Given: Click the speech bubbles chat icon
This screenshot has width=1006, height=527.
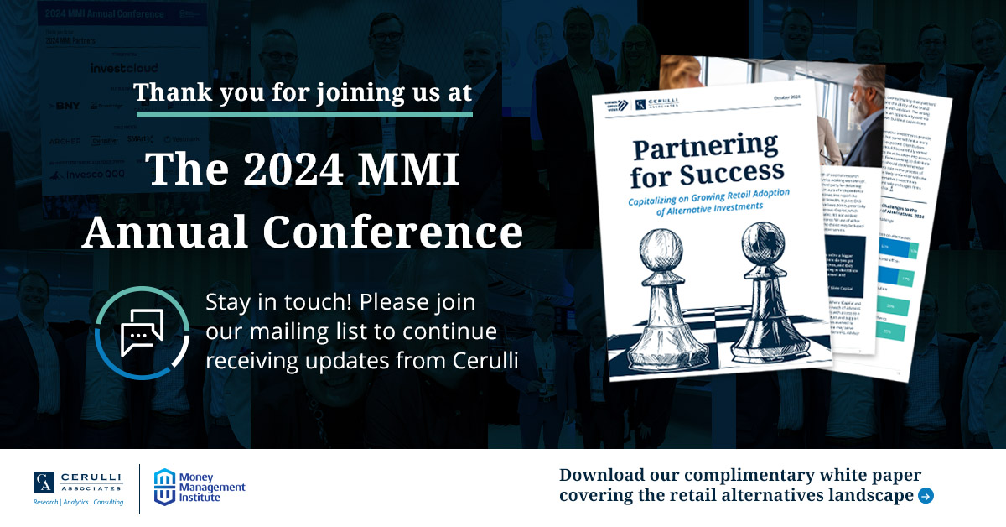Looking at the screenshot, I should pos(141,332).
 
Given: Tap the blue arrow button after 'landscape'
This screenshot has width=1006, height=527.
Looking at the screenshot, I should pos(926,496).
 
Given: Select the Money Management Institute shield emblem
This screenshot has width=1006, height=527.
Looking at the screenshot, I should pos(165,487).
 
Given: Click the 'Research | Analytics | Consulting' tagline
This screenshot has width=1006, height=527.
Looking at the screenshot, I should pos(78,502).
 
